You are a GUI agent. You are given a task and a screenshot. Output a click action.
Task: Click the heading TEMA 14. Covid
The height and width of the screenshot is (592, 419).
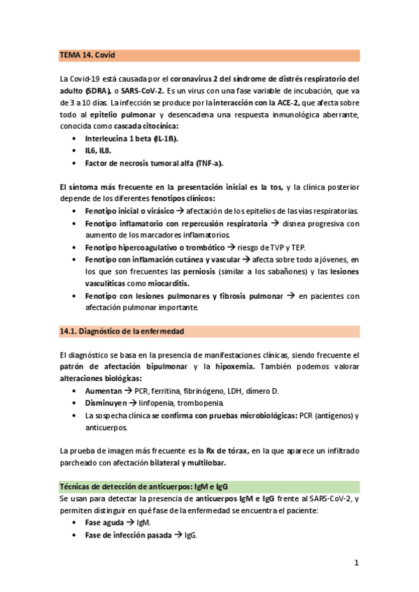pos(87,55)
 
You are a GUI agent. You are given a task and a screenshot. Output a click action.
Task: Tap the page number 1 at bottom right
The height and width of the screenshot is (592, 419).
pos(356,563)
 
